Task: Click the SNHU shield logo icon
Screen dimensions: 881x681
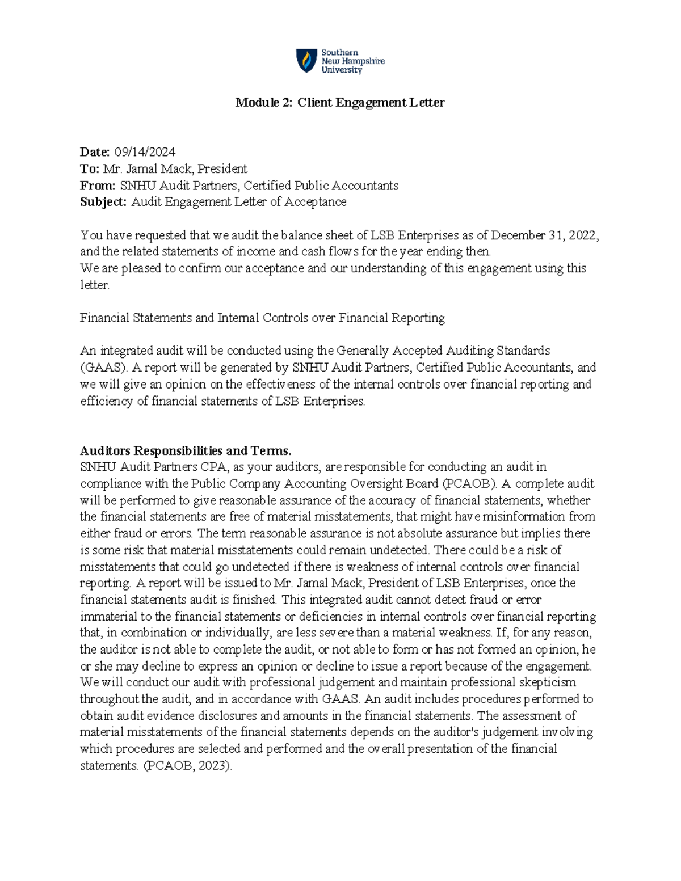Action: click(x=306, y=60)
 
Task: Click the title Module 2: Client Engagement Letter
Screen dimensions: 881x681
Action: click(x=340, y=103)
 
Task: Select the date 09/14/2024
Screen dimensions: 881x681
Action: click(x=145, y=152)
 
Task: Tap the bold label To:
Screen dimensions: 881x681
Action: click(x=90, y=168)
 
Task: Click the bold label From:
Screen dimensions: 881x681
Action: click(x=98, y=186)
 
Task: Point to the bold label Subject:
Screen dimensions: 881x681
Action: click(x=103, y=202)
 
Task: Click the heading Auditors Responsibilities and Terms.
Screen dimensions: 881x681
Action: click(x=185, y=451)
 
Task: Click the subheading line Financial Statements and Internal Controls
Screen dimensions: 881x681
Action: click(x=262, y=318)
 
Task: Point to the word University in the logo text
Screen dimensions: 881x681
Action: click(x=342, y=70)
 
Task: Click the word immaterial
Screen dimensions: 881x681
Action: click(x=108, y=617)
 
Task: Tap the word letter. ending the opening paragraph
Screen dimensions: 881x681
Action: click(x=94, y=285)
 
